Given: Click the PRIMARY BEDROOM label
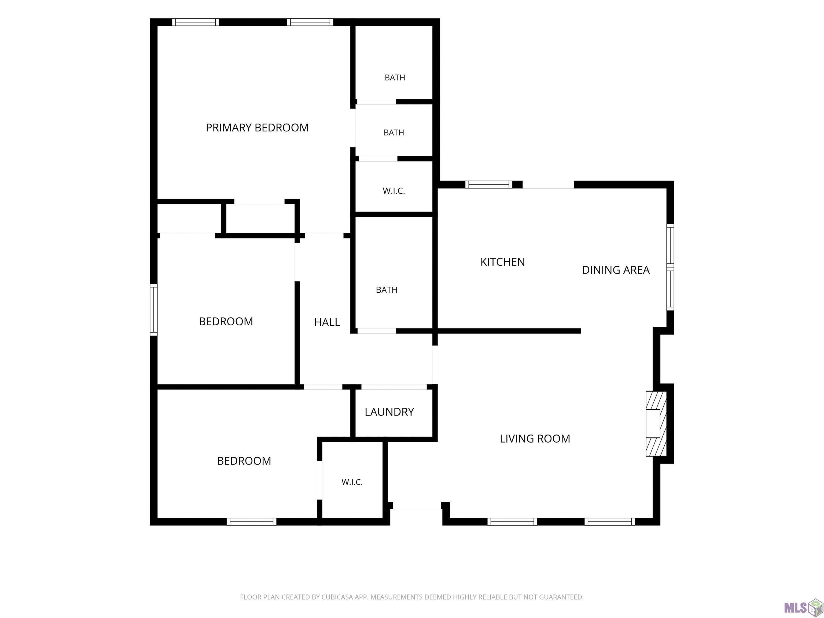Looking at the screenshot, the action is (x=257, y=128).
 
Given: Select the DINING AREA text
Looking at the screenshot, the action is (x=616, y=270).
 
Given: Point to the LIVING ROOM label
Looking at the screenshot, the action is (x=535, y=439).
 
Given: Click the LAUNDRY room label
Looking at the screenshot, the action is (x=389, y=412).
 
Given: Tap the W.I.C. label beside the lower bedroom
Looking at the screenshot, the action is (x=352, y=482).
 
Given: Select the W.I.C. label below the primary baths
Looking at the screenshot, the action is (x=394, y=191).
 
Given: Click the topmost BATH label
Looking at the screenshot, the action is (x=395, y=78).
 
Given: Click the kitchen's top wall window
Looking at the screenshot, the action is (x=489, y=184).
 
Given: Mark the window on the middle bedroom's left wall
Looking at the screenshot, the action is (x=153, y=310).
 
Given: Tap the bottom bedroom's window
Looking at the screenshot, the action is (x=251, y=521).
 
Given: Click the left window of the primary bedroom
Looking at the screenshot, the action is (x=196, y=22).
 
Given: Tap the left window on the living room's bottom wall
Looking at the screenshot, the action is (x=512, y=521).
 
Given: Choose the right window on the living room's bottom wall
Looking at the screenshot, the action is (x=609, y=521).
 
